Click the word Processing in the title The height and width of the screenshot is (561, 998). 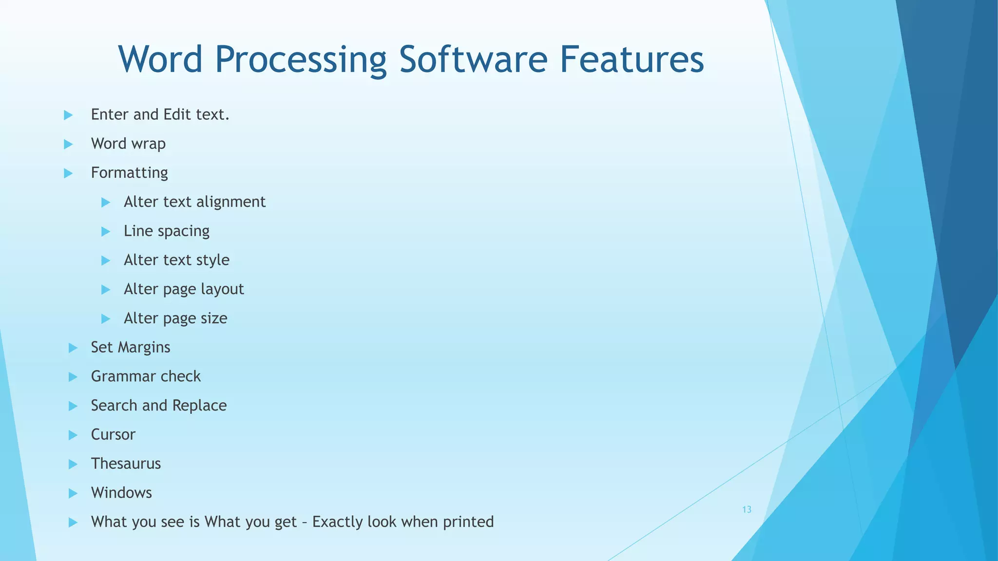[x=301, y=59]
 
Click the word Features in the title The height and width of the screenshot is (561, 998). [x=632, y=59]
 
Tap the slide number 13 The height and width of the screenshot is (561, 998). [x=747, y=509]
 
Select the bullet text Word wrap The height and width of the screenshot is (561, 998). [x=128, y=144]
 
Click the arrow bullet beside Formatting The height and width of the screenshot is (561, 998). [x=68, y=173]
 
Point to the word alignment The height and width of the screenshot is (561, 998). [x=231, y=202]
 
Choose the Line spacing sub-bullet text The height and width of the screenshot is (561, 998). [x=166, y=231]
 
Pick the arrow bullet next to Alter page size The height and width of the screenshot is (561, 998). [x=106, y=319]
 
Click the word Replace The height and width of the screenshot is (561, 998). [x=199, y=405]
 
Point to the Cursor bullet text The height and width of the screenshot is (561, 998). [x=113, y=434]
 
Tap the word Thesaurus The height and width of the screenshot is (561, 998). [x=126, y=464]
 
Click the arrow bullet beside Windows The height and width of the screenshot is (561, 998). [x=73, y=493]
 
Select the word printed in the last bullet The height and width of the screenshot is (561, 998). [x=468, y=522]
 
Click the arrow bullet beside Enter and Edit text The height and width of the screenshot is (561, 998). [x=68, y=115]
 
